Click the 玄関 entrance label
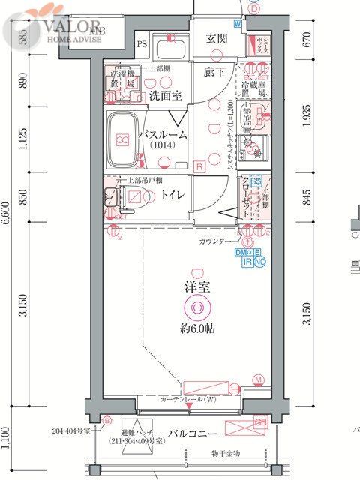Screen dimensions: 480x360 [x=217, y=38]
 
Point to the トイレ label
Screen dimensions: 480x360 [x=172, y=196]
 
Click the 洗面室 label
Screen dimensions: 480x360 [x=162, y=95]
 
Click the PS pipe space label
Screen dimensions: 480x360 [x=142, y=44]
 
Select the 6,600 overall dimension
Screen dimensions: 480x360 [x=6, y=222]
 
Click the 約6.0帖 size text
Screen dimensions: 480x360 [x=197, y=328]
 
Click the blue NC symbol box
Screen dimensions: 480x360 [x=259, y=262]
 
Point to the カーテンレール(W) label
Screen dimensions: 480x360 [x=188, y=400]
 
